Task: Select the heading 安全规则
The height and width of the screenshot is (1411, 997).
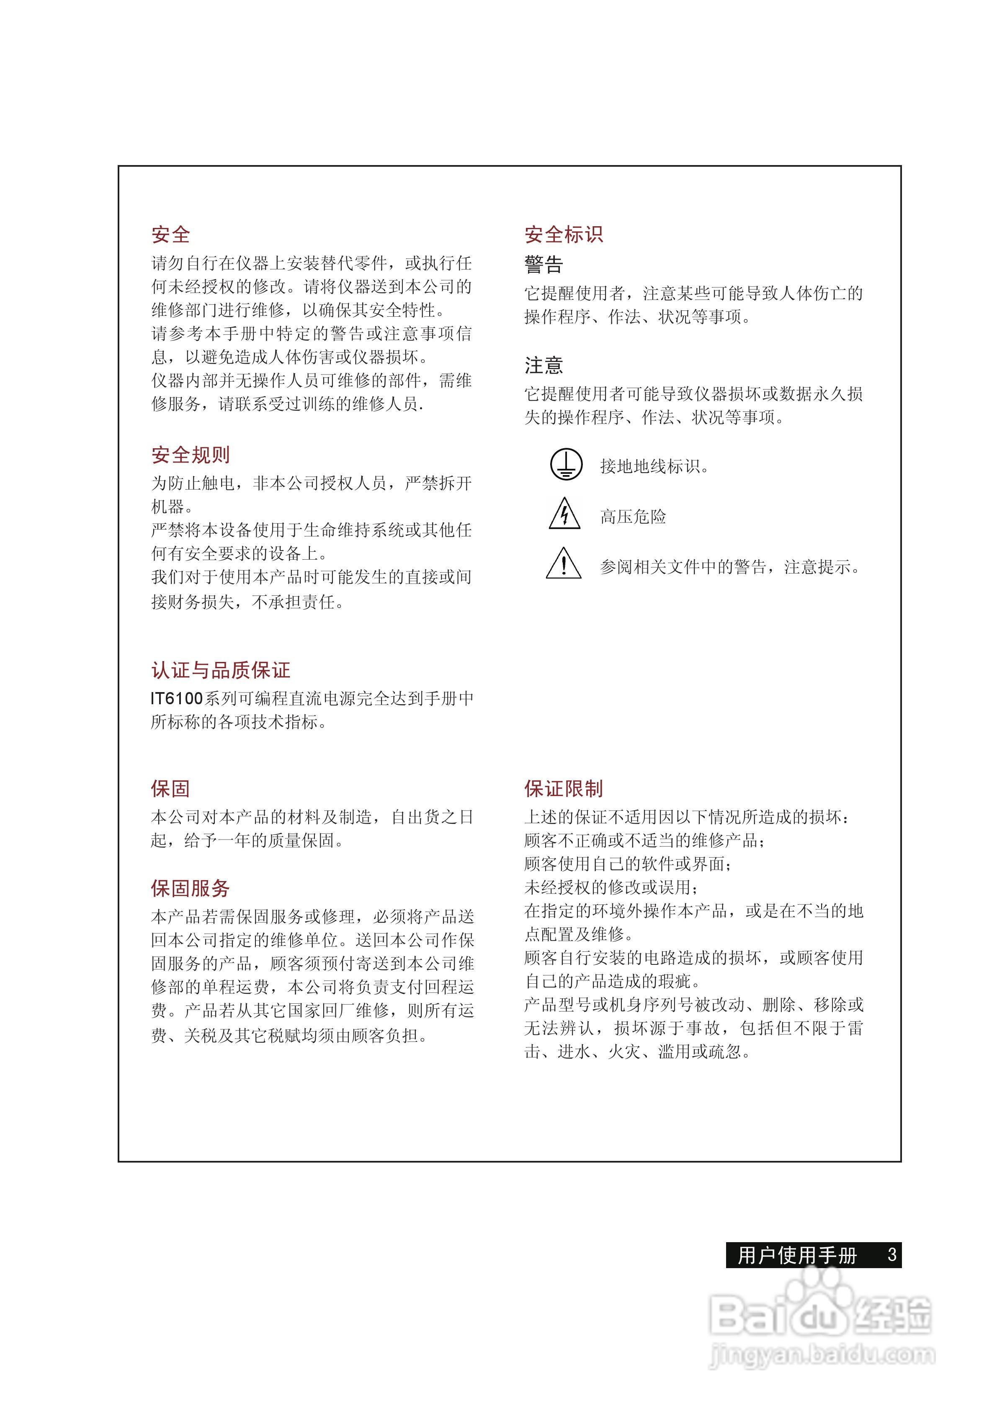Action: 191,455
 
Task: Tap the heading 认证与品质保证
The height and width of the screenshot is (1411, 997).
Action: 221,670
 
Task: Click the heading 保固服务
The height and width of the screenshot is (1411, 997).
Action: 191,888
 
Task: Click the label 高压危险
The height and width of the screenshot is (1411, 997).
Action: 633,517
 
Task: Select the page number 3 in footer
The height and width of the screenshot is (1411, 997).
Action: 892,1253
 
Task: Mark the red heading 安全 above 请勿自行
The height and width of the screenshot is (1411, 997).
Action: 171,234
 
